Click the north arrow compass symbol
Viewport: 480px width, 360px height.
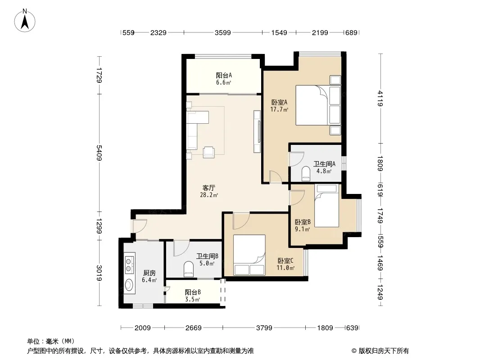[25, 21]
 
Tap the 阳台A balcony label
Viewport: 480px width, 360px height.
[224, 75]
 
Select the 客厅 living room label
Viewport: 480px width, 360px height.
[209, 188]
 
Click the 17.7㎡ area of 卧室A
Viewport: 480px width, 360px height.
[279, 109]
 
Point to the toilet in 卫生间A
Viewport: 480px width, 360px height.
[305, 173]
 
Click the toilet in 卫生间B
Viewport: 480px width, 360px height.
[189, 269]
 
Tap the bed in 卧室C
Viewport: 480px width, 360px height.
[249, 255]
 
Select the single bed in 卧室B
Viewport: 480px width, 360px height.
[326, 206]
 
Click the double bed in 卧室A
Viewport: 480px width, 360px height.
[318, 105]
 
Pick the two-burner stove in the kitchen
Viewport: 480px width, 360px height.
[130, 264]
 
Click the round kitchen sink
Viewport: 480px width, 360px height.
[129, 285]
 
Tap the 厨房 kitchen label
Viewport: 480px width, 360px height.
[149, 273]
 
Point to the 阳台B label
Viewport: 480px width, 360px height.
[193, 292]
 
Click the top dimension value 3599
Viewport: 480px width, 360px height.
[222, 32]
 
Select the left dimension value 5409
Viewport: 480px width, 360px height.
[99, 153]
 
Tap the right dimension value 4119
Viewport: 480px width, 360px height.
[380, 99]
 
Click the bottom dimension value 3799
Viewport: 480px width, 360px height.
[264, 328]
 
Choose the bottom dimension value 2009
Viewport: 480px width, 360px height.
[143, 328]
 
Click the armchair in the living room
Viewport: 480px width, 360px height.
[209, 152]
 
